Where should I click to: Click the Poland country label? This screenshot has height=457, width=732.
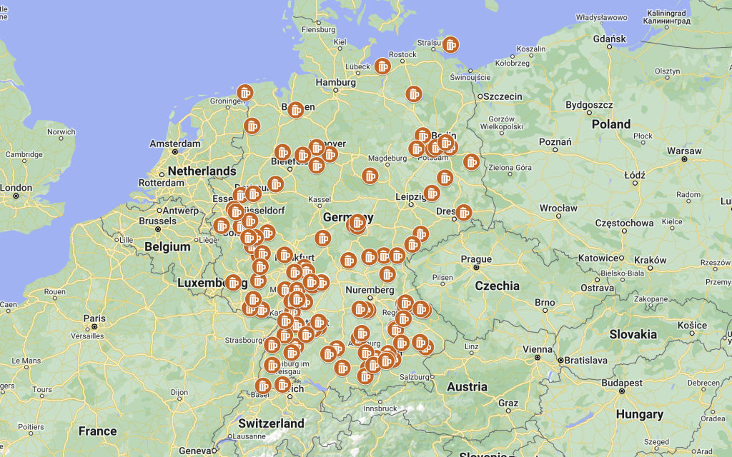click(x=610, y=124)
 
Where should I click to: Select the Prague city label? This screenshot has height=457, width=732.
click(x=476, y=259)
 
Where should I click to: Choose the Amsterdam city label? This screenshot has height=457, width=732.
click(x=175, y=144)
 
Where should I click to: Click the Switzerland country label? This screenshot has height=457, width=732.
click(x=271, y=423)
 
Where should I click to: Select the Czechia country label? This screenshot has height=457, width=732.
click(x=497, y=286)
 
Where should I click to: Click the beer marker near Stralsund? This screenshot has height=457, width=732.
click(x=450, y=44)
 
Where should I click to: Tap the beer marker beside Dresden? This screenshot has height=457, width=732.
click(x=464, y=212)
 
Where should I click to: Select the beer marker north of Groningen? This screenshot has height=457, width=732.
click(x=245, y=92)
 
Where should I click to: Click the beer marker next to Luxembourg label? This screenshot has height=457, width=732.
click(x=233, y=283)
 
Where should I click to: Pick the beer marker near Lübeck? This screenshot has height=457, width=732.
click(x=382, y=66)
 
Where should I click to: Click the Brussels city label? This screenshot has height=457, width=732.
click(x=157, y=221)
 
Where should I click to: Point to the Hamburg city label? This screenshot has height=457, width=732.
click(x=335, y=83)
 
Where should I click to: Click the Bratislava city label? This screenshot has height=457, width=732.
click(x=589, y=361)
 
